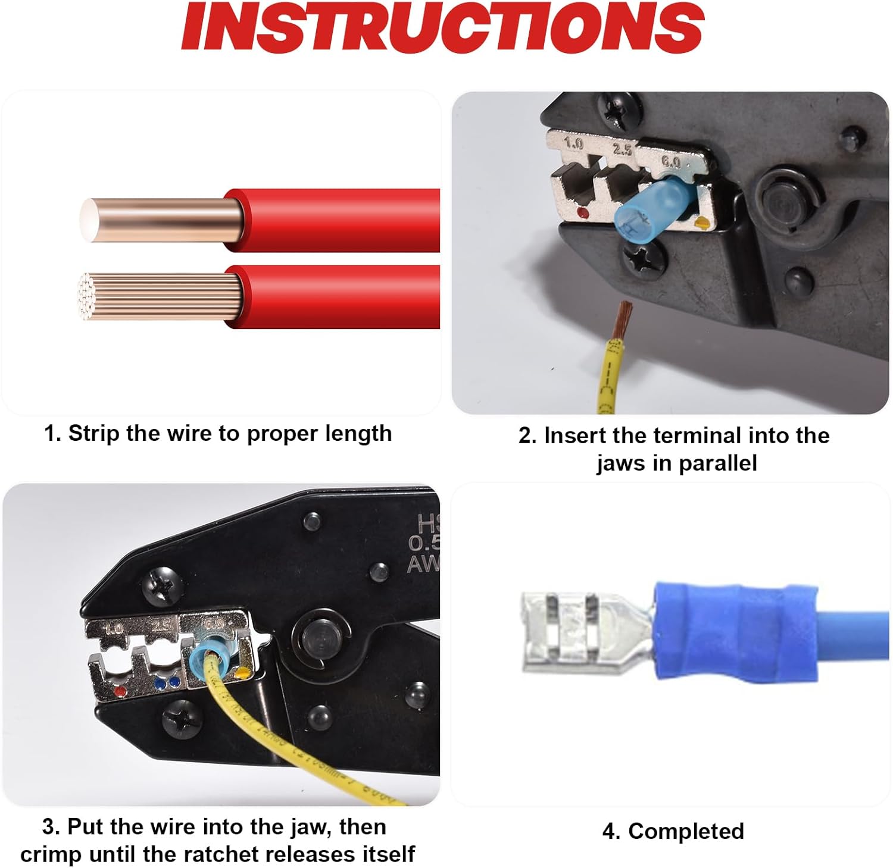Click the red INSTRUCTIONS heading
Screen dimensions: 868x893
[443, 27]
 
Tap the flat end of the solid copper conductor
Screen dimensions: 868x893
[89, 220]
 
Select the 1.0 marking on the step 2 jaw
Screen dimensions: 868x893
[574, 143]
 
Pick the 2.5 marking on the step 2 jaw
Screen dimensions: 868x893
[623, 149]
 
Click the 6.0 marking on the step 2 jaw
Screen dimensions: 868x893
[672, 161]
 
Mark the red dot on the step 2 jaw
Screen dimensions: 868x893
[583, 213]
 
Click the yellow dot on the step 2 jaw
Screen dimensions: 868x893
[703, 224]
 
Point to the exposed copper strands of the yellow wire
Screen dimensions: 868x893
[623, 317]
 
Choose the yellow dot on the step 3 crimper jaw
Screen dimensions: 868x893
[242, 674]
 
